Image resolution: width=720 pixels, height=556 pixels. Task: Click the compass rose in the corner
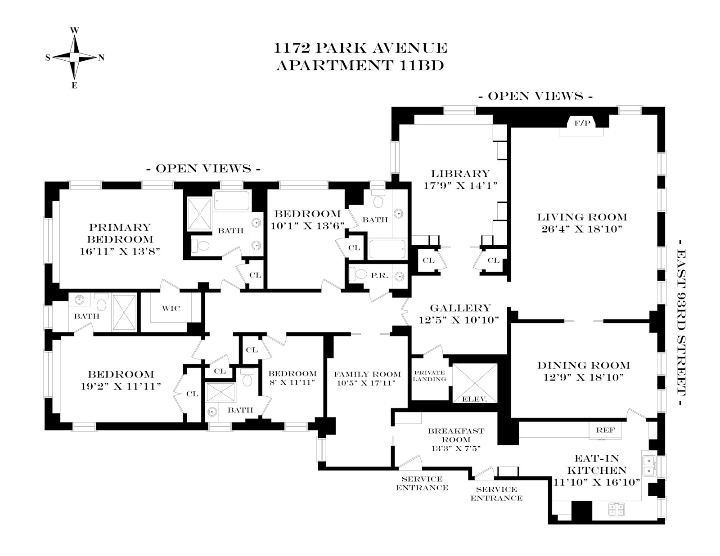[75, 57]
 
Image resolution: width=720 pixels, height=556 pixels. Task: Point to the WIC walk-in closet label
[171, 308]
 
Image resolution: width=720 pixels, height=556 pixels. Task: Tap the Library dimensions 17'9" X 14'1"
[460, 185]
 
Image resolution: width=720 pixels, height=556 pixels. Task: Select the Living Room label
[582, 217]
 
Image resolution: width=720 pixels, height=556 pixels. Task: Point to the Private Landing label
[429, 376]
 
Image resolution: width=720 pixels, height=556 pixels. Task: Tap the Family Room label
[367, 374]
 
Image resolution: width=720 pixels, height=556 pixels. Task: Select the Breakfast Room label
[456, 435]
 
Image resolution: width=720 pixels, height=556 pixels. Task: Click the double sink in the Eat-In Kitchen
[648, 466]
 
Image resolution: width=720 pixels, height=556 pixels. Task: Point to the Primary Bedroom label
[120, 233]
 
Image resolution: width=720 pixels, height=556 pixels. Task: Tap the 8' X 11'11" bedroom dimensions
[292, 382]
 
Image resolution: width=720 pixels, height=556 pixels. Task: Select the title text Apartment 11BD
[360, 66]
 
